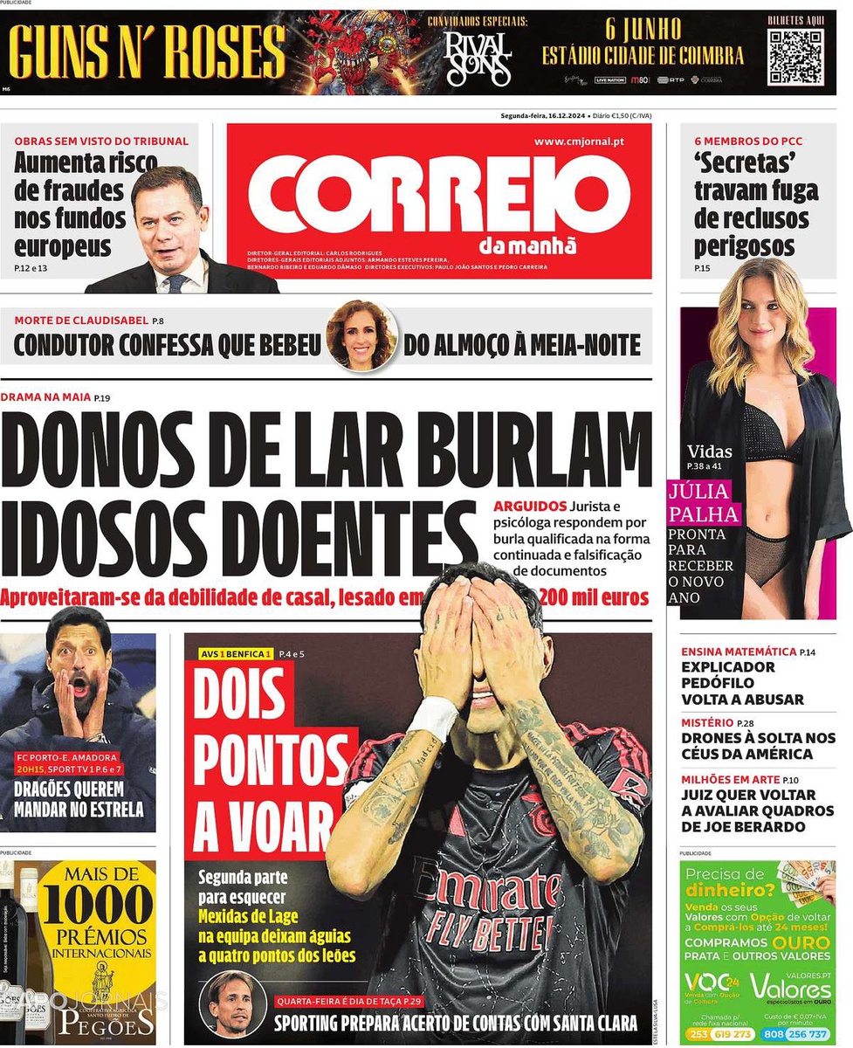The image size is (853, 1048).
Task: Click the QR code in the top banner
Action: pyautogui.click(x=795, y=57)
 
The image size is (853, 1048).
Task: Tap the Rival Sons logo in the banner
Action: pyautogui.click(x=477, y=59)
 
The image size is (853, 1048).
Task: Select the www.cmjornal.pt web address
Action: pyautogui.click(x=579, y=141)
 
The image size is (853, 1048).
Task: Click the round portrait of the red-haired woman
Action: pyautogui.click(x=361, y=335)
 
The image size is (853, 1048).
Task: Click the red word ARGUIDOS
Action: pyautogui.click(x=529, y=507)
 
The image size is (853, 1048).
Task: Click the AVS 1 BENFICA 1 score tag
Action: pyautogui.click(x=237, y=654)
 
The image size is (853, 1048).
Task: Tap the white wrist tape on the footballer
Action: pyautogui.click(x=432, y=718)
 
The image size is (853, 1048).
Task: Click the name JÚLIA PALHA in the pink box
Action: pyautogui.click(x=703, y=502)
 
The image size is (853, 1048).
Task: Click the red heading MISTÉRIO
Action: pyautogui.click(x=707, y=722)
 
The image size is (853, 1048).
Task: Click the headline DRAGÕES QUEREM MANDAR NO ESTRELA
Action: pyautogui.click(x=79, y=800)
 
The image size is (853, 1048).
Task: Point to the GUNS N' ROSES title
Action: pyautogui.click(x=147, y=52)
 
